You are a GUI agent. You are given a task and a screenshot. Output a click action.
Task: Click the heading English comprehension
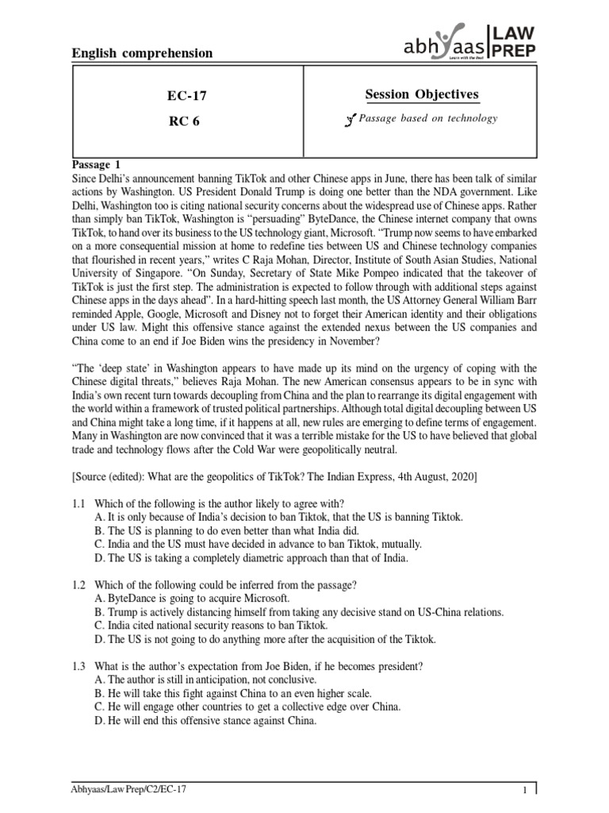click(x=143, y=53)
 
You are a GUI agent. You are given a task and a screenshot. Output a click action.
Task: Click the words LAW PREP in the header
click(x=515, y=40)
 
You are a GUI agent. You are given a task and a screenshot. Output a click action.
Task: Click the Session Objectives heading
click(x=422, y=94)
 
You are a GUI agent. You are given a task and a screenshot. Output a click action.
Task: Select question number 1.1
click(x=81, y=503)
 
